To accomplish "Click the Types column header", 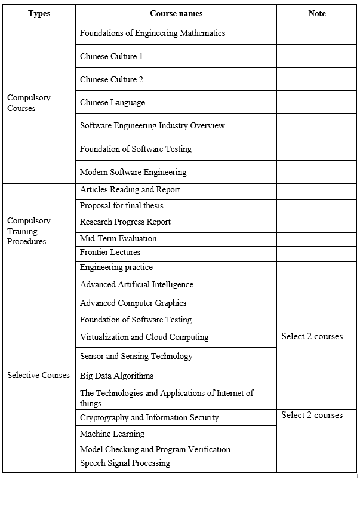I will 39,13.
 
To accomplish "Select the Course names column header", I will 176,13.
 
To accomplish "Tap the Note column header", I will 317,13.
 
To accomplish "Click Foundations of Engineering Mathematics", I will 152,33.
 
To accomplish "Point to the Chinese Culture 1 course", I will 112,57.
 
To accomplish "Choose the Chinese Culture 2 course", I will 112,79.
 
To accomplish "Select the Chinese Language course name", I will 112,103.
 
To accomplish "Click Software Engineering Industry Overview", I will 152,126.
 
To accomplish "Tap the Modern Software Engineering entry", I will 133,173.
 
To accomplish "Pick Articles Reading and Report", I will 130,190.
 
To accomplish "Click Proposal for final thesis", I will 121,206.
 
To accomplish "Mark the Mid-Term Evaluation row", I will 118,239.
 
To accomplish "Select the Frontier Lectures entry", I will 110,253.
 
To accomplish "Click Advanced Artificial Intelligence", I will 137,285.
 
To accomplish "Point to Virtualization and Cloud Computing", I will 144,337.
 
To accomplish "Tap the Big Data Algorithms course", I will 116,376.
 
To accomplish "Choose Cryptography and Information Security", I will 149,418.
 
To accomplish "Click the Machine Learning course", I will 112,434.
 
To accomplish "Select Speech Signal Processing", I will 125,463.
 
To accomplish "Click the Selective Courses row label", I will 39,376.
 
